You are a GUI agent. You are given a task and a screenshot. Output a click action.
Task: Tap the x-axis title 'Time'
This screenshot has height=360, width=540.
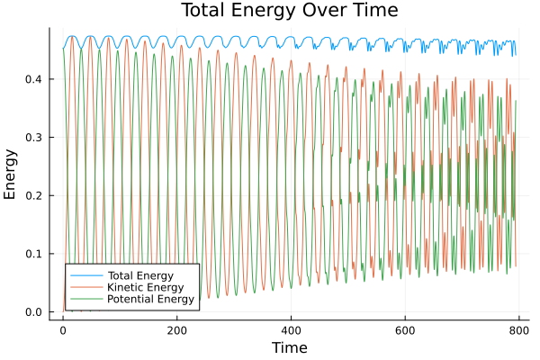pos(289,347)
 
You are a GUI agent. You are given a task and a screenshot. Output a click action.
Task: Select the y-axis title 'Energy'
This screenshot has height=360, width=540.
pos(12,173)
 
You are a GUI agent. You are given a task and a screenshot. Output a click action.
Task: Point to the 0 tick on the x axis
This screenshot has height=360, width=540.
pos(62,330)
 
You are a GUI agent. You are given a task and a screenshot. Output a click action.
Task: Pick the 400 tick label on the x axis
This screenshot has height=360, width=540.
pos(290,330)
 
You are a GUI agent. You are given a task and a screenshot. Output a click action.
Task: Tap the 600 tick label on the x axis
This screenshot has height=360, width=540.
pos(403,330)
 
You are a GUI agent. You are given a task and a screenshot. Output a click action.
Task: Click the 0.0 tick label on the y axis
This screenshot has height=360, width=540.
pos(34,312)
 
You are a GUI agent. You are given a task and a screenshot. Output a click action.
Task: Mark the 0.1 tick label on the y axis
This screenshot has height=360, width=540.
pos(34,254)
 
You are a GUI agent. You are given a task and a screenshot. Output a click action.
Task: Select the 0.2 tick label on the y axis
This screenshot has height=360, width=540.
pos(34,195)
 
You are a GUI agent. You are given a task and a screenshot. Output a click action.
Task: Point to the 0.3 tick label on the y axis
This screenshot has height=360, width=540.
pos(34,137)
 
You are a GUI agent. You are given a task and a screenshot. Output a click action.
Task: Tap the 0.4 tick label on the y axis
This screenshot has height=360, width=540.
pos(34,78)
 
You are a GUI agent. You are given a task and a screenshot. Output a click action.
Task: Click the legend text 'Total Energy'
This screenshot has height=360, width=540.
pos(139,274)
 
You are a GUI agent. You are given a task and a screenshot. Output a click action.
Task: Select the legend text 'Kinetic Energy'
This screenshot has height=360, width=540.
pos(144,287)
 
